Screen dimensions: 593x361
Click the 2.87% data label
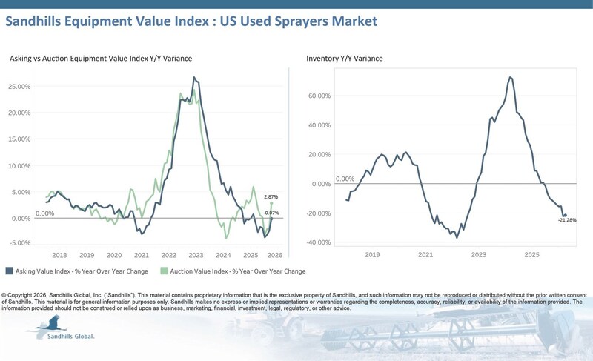(x=271, y=197)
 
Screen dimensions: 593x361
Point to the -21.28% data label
(x=567, y=220)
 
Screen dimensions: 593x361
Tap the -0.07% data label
(x=271, y=213)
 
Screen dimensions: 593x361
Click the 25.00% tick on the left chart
(x=19, y=87)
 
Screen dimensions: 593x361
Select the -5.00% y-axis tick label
(x=20, y=242)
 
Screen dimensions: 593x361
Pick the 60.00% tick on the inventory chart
(x=319, y=96)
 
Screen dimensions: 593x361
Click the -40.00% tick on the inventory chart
(x=319, y=242)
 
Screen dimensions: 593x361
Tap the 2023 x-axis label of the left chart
(x=196, y=255)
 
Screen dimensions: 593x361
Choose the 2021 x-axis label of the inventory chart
(x=425, y=255)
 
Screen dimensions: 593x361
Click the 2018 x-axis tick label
(x=59, y=255)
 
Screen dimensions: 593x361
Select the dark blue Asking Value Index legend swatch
(x=9, y=271)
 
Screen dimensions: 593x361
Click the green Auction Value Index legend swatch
(x=164, y=271)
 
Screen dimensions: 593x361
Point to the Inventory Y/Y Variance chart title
(x=345, y=59)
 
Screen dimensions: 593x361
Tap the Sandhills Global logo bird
(x=51, y=325)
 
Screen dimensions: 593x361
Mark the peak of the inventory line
(x=510, y=77)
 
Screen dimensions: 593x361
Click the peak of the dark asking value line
(x=194, y=78)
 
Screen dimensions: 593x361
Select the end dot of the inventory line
(x=565, y=216)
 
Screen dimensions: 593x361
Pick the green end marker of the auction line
(x=271, y=203)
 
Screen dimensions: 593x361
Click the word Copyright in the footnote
(x=19, y=295)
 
